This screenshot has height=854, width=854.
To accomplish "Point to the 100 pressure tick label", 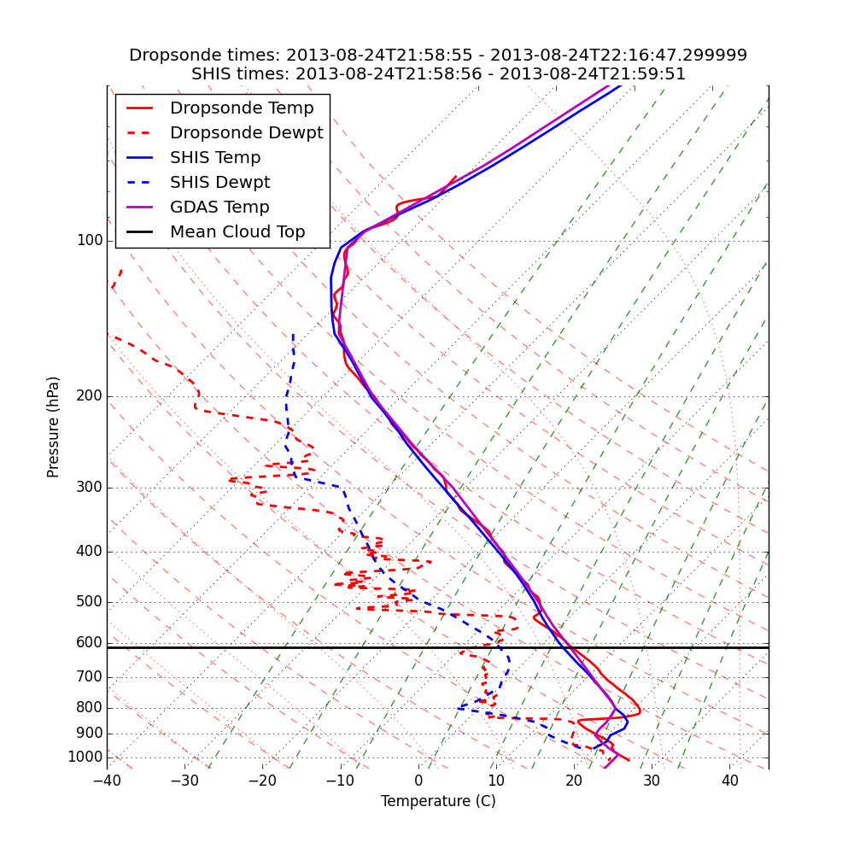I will [x=90, y=241].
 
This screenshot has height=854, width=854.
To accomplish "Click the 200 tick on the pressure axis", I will [x=90, y=396].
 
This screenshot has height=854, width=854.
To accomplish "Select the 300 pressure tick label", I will [x=90, y=488].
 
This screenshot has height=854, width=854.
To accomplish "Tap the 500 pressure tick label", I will [x=90, y=602].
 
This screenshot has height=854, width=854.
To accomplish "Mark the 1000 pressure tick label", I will [x=85, y=757].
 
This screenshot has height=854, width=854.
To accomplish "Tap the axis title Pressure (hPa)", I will [x=54, y=427].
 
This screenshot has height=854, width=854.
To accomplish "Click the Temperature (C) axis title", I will [x=438, y=801].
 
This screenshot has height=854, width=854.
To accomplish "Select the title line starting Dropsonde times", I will [x=438, y=56].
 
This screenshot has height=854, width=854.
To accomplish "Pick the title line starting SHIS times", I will [x=438, y=74].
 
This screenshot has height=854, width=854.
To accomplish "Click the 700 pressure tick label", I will [x=90, y=677].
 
